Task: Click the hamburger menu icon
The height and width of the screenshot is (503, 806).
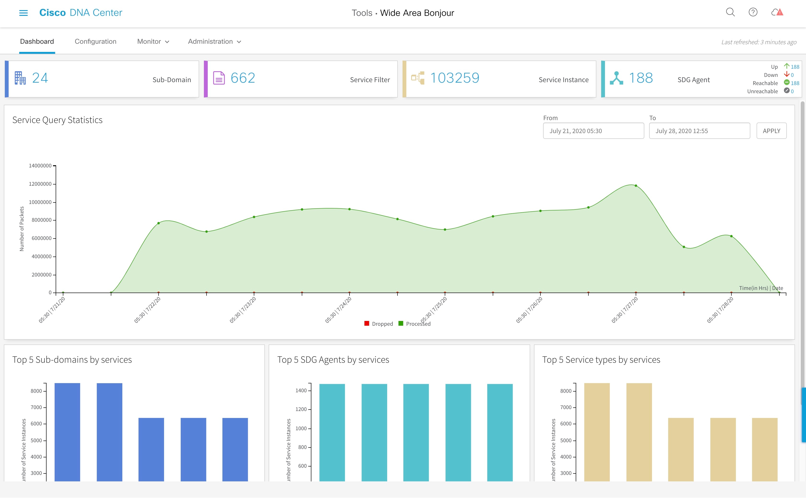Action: click(x=23, y=13)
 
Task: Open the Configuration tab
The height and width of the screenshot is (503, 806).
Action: click(x=95, y=42)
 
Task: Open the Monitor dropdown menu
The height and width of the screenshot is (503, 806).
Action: click(x=153, y=42)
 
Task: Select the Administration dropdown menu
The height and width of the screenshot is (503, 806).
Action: click(x=214, y=42)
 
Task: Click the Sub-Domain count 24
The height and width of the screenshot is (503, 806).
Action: click(x=40, y=78)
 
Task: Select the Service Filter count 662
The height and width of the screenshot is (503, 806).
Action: click(x=243, y=78)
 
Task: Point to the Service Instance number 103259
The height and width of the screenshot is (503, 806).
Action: click(x=455, y=78)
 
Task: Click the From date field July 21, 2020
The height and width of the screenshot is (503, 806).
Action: click(x=593, y=131)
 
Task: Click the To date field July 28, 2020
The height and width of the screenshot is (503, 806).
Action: click(x=699, y=131)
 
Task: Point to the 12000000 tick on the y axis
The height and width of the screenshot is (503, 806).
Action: click(x=40, y=184)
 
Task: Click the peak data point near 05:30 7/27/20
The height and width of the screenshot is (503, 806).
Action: click(x=635, y=186)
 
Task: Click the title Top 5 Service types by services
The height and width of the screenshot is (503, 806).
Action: click(x=601, y=360)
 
